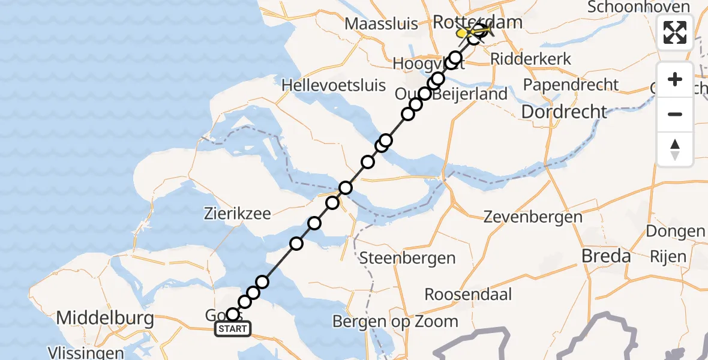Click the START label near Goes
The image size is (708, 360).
click(232, 329)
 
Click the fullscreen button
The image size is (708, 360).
click(675, 32)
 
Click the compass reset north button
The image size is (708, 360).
click(675, 149)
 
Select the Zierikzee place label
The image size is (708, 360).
click(238, 213)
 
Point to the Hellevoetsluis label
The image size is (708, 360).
click(334, 85)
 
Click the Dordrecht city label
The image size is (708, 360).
click(564, 111)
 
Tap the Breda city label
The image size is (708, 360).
click(606, 256)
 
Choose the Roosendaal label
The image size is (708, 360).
click(468, 295)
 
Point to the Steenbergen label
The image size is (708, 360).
click(407, 259)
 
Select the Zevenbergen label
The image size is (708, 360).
click(532, 217)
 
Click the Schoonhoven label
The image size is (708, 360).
click(638, 7)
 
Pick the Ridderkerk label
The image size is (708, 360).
click(530, 59)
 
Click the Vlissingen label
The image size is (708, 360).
click(86, 353)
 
